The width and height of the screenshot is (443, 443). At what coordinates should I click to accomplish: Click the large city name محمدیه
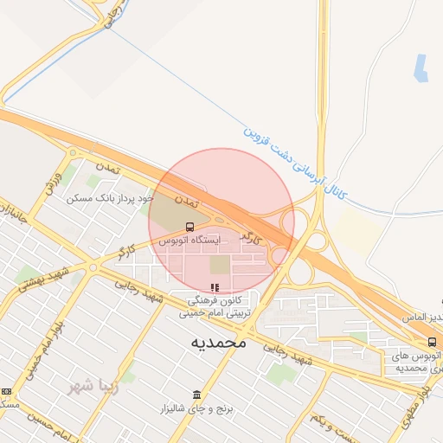point(219,343)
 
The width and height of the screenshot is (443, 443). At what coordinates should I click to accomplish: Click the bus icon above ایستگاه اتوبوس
point(189,227)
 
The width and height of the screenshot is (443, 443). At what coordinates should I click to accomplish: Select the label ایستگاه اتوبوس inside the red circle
point(189,239)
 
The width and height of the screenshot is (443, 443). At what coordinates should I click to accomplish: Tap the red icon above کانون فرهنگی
point(215,287)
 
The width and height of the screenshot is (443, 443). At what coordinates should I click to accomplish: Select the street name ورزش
point(54,182)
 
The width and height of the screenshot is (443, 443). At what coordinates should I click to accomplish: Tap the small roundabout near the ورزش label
point(71,154)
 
